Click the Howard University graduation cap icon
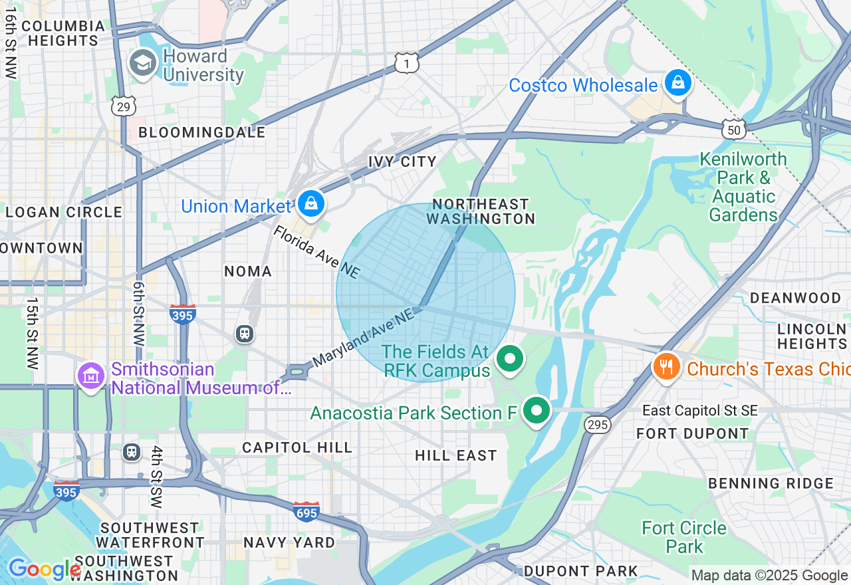(x=142, y=64)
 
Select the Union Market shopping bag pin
(x=310, y=205)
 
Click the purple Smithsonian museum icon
(x=91, y=376)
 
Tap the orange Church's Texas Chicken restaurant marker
(x=666, y=367)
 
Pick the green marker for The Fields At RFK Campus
(x=510, y=360)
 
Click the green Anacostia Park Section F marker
(x=536, y=410)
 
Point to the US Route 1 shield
(x=406, y=63)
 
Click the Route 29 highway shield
(x=124, y=106)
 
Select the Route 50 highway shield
(x=734, y=130)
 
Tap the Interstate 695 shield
(x=306, y=511)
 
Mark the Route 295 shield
(x=598, y=425)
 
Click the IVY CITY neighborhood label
(x=402, y=162)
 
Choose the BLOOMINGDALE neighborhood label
(x=201, y=132)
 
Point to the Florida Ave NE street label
(x=317, y=252)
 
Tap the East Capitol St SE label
(x=699, y=411)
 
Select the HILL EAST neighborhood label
(x=455, y=455)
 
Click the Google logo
(x=44, y=569)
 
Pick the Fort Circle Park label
(x=684, y=537)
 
